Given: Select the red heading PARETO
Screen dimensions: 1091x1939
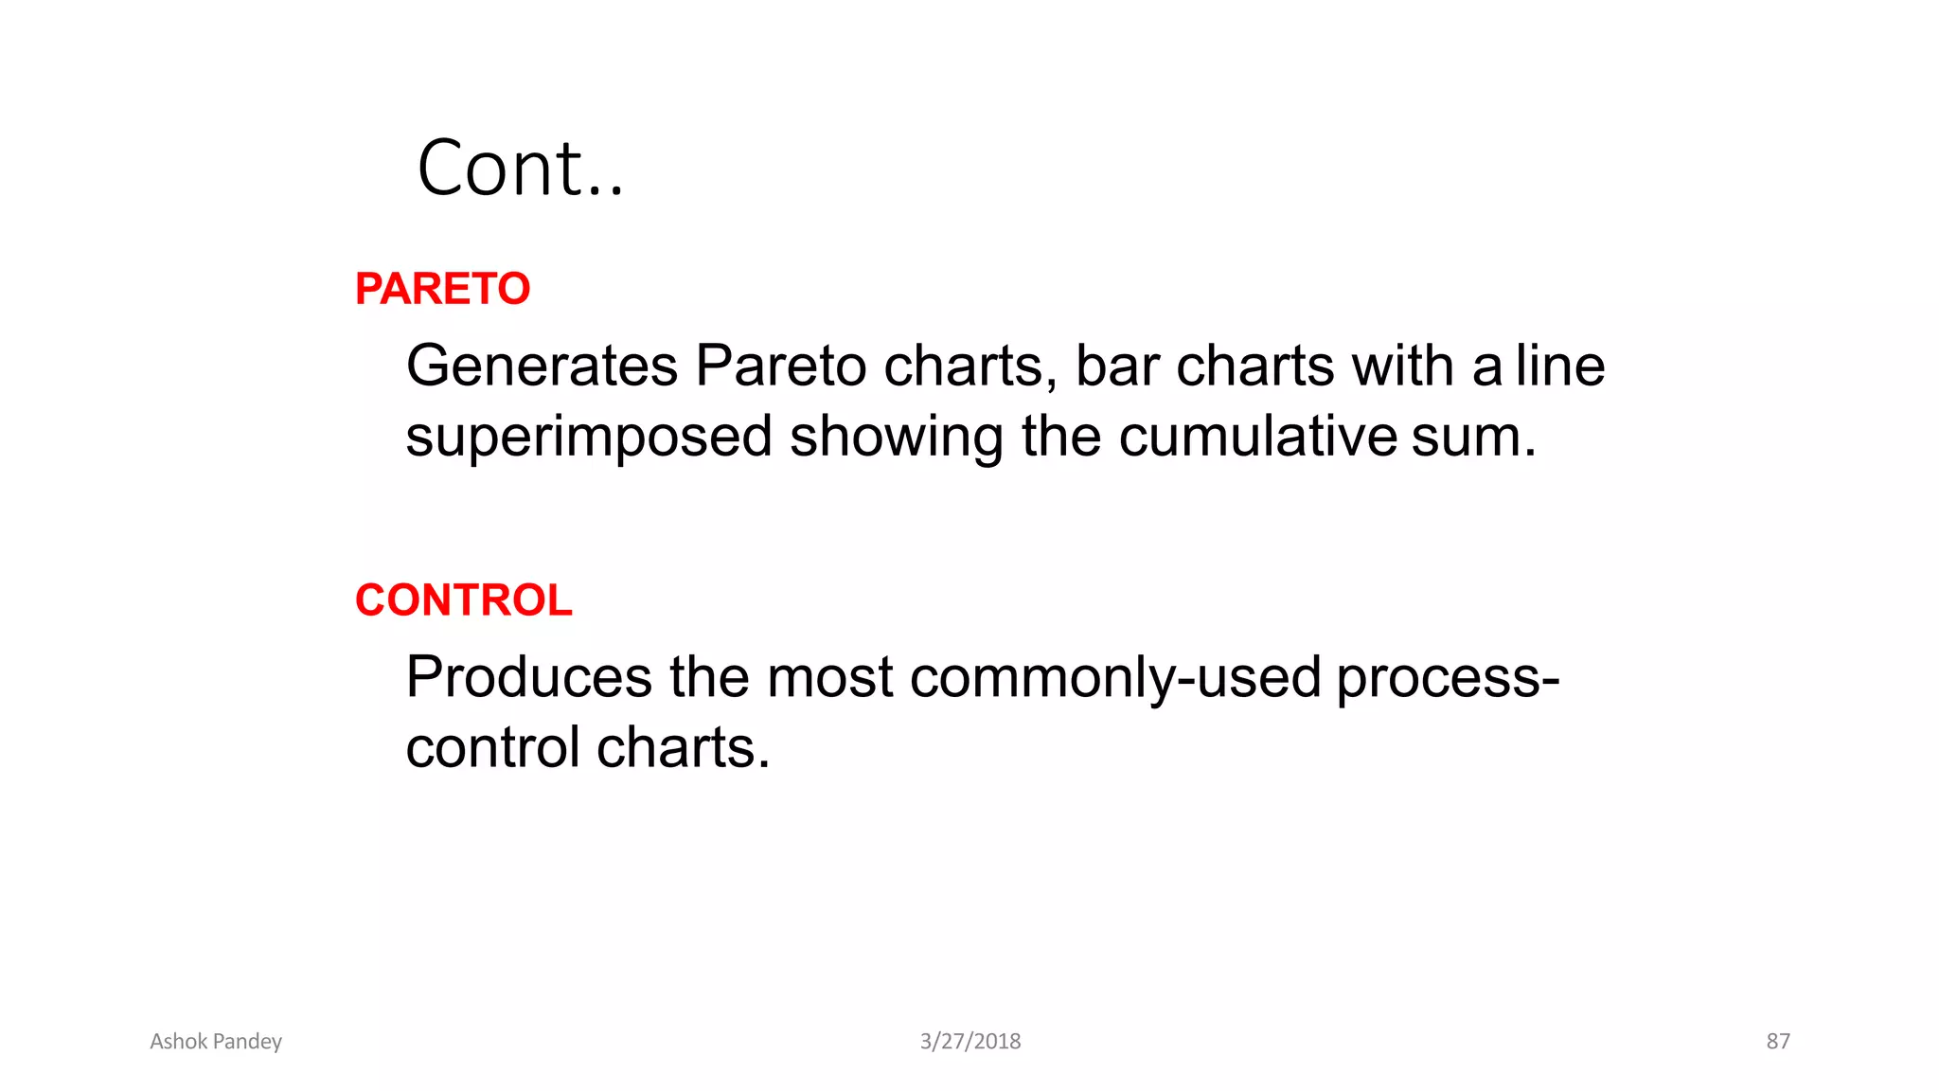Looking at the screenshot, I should [x=442, y=289].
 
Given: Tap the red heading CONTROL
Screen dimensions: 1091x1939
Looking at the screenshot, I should [x=463, y=600].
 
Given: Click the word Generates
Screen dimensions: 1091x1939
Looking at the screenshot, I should [x=543, y=367].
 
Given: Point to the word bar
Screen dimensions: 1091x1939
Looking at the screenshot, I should [x=1117, y=367].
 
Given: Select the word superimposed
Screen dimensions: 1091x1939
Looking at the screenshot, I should [x=589, y=438].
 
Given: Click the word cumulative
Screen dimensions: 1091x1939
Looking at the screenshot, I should [x=1257, y=438].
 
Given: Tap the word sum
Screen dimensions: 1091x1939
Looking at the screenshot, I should [x=1473, y=438].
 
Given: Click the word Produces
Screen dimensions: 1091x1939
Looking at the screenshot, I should [x=529, y=678].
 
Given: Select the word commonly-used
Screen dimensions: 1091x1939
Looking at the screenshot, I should [x=1115, y=678].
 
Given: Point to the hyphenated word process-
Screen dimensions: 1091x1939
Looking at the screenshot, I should [x=1448, y=678].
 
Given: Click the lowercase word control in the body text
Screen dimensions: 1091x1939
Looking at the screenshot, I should [x=492, y=748].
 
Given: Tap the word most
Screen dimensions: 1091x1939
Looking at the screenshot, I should [x=829, y=678].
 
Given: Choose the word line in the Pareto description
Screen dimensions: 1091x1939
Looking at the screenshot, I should [x=1560, y=367].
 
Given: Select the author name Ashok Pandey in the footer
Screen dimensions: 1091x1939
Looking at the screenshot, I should [x=216, y=1042].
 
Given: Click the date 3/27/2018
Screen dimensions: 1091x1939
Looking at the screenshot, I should [x=970, y=1042].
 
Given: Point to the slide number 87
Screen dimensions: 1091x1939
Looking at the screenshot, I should [x=1778, y=1042].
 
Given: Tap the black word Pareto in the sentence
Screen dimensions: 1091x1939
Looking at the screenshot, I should [x=780, y=367].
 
